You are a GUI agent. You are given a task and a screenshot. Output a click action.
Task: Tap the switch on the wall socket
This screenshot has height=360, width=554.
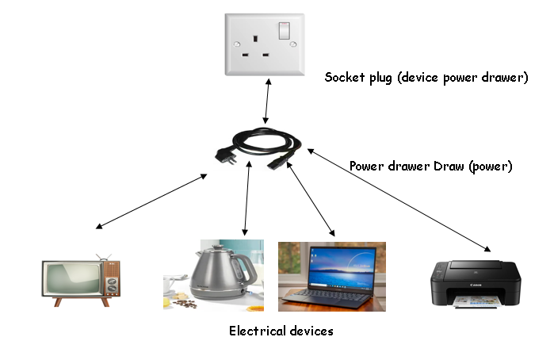[283, 32]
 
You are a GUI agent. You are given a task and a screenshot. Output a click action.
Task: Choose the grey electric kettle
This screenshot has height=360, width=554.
[215, 274]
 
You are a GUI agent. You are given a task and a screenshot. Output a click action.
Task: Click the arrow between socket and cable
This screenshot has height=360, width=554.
[269, 98]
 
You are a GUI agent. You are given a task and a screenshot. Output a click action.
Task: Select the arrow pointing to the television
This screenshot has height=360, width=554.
[151, 201]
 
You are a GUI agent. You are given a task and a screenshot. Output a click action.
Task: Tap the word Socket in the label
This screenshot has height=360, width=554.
[343, 78]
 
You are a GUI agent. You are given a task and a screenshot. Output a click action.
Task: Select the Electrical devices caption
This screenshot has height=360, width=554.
[281, 331]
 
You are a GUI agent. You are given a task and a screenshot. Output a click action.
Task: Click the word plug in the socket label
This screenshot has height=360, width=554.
[380, 79]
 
